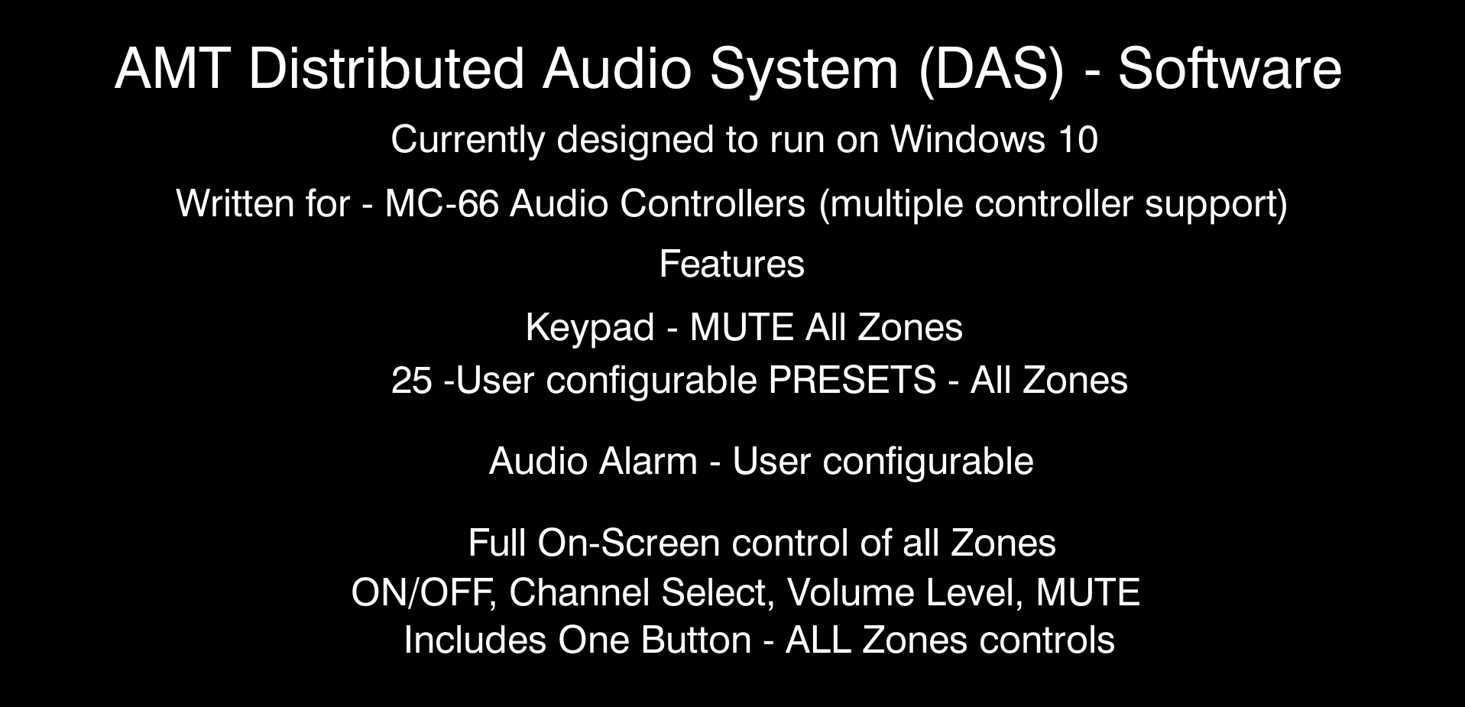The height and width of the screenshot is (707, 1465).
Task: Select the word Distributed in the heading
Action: tap(387, 69)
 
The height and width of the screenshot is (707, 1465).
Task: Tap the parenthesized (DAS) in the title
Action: tap(991, 70)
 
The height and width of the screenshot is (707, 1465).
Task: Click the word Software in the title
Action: tap(1230, 69)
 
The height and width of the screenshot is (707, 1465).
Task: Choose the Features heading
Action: tap(731, 264)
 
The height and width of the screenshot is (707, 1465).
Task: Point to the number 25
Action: tap(412, 381)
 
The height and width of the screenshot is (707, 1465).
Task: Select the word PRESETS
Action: tap(852, 380)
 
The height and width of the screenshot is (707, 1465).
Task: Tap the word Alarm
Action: tap(648, 462)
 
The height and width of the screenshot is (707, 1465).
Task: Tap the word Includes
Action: tap(475, 641)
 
